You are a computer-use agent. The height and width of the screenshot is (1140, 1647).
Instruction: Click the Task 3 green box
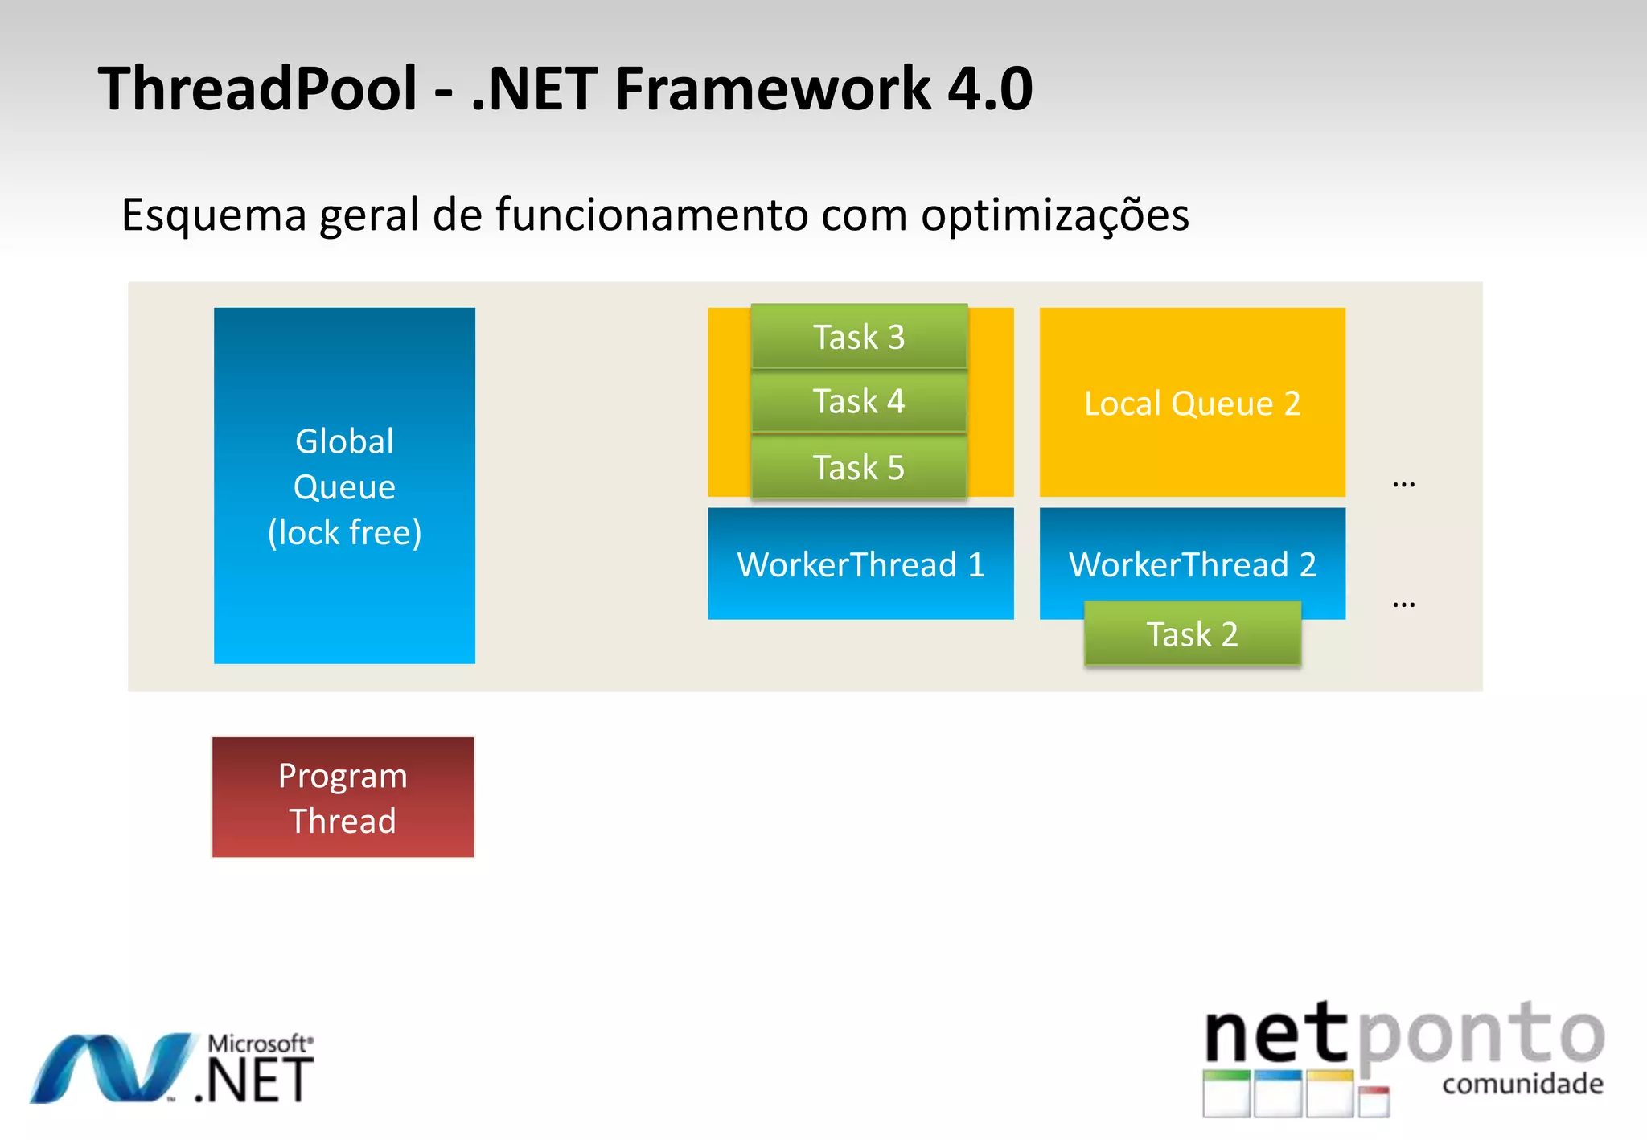859,337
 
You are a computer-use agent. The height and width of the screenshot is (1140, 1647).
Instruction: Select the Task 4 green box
859,401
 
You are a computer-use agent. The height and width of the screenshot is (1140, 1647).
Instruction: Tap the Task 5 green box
859,467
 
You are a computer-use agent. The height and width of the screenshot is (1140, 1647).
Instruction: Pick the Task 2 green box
1192,634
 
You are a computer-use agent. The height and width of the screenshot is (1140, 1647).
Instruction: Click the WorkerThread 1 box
860,564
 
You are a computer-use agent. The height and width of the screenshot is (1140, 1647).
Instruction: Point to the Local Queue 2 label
1192,404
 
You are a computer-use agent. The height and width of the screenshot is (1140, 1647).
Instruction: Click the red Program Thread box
343,798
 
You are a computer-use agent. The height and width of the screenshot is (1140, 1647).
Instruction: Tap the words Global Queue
344,464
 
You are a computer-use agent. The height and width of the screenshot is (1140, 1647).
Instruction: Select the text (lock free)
344,532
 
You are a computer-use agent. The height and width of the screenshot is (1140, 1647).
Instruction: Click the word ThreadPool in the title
257,88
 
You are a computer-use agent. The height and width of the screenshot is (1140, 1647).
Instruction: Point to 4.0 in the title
990,88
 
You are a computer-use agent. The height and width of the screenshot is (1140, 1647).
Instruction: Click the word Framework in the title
772,88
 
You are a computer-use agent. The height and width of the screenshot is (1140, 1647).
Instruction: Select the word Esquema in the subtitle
214,215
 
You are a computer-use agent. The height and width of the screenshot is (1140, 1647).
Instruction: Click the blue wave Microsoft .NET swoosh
113,1068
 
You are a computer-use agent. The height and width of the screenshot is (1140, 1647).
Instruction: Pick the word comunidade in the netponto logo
1522,1084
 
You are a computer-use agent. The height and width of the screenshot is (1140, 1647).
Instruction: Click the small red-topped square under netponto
1374,1101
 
